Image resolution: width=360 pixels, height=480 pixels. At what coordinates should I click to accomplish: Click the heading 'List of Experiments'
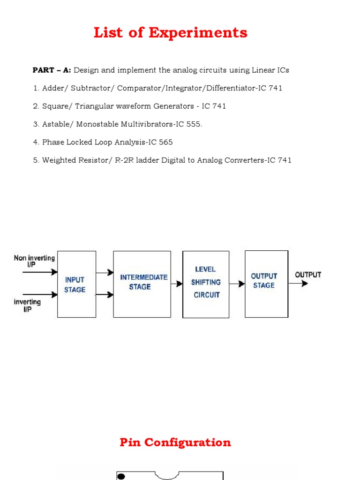pos(171,33)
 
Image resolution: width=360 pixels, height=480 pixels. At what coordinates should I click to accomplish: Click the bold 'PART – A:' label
pos(52,70)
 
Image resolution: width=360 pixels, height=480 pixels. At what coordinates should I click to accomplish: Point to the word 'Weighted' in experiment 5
pos(58,160)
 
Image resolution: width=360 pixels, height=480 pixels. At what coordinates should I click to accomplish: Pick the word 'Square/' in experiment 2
pos(56,106)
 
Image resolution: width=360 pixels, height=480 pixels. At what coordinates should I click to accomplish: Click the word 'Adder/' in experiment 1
pos(55,88)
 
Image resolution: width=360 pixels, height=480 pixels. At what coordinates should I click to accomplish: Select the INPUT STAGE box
pos(76,284)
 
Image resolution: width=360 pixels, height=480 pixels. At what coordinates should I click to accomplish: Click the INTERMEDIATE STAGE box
pos(142,284)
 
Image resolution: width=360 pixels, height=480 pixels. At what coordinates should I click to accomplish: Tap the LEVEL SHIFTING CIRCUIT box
pos(206,284)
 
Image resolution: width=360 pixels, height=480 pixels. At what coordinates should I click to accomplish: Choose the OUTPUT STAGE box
pos(266,284)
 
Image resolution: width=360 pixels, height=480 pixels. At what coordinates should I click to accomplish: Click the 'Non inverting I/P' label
pos(34,261)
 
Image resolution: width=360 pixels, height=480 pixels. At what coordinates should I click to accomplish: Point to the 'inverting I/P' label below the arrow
pos(28,306)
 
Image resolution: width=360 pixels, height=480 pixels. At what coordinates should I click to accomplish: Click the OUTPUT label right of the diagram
pos(308,275)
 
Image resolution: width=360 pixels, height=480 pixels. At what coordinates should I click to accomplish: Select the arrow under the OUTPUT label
pos(301,283)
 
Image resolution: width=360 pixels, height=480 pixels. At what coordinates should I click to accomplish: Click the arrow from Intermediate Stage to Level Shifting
pos(177,284)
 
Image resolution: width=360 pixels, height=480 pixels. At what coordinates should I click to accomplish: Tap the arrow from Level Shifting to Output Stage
pos(237,284)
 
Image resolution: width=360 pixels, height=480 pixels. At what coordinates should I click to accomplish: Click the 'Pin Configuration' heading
pos(175,442)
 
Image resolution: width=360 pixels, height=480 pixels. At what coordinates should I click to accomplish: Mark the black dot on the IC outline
pos(121,477)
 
